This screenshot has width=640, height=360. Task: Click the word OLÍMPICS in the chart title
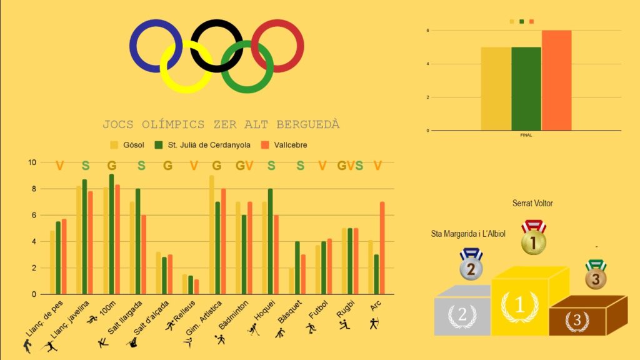click(187, 124)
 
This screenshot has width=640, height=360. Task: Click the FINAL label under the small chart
click(526, 135)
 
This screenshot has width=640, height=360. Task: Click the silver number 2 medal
click(471, 267)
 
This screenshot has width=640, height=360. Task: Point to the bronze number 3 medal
click(596, 277)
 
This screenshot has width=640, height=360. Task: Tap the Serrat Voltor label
click(532, 203)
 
